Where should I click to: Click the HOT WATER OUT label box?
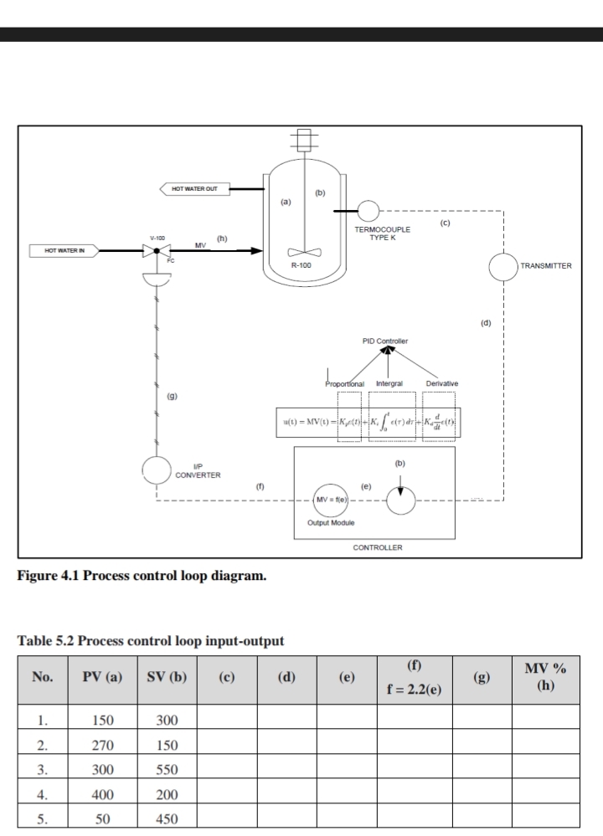[193, 189]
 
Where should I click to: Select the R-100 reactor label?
[302, 264]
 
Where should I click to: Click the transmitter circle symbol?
[504, 266]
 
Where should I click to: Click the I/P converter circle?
[157, 474]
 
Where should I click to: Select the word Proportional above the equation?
[343, 383]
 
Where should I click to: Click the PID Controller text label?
[385, 341]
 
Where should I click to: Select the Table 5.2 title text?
[151, 641]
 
